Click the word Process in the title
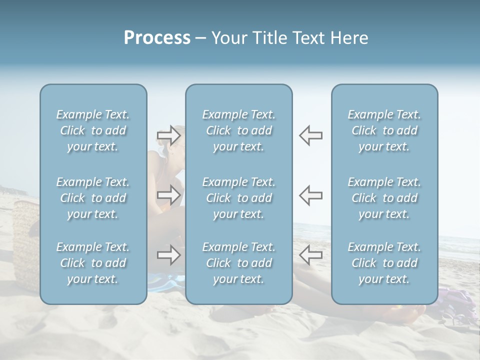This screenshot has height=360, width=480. [x=157, y=38]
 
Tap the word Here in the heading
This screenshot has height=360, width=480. [x=349, y=38]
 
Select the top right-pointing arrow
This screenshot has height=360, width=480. [x=168, y=135]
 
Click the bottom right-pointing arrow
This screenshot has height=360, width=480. [x=168, y=255]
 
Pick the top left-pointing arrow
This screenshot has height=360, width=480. [x=310, y=135]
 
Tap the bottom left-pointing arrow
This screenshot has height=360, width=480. [x=310, y=255]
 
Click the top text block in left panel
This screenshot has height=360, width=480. [x=93, y=130]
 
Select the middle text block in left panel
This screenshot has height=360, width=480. [x=93, y=198]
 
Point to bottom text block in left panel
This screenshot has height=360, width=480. [x=93, y=263]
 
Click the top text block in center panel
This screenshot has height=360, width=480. [x=238, y=130]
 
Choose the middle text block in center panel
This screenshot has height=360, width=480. [x=238, y=198]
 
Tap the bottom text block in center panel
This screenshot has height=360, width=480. [x=238, y=263]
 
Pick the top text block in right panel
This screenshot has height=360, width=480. [x=384, y=130]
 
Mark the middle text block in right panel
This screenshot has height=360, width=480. [x=384, y=198]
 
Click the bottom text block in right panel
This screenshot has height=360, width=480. [x=384, y=263]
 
